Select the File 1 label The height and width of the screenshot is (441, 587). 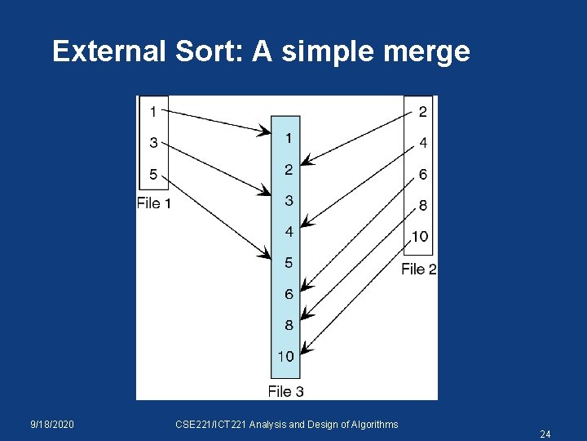(154, 203)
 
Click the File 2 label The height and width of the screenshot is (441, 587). (419, 269)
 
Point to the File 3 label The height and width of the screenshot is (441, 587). (286, 391)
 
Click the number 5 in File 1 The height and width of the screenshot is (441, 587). (154, 174)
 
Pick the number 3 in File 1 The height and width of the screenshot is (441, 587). (154, 142)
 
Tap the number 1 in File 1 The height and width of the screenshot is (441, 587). (154, 111)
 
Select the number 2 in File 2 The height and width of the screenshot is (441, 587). (422, 111)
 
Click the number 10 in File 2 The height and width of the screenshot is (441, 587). (420, 237)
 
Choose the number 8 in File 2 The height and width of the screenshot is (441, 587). (422, 206)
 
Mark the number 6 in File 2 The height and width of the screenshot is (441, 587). (422, 174)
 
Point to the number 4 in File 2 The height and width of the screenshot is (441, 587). (422, 143)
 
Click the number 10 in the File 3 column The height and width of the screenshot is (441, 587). (286, 356)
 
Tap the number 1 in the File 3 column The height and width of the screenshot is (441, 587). (289, 139)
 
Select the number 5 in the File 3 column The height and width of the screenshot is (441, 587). (289, 263)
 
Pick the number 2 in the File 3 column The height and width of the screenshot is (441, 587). (289, 170)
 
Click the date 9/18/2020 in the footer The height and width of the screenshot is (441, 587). (52, 425)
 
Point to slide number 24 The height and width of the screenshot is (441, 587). (545, 434)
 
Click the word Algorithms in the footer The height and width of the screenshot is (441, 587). (373, 425)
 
